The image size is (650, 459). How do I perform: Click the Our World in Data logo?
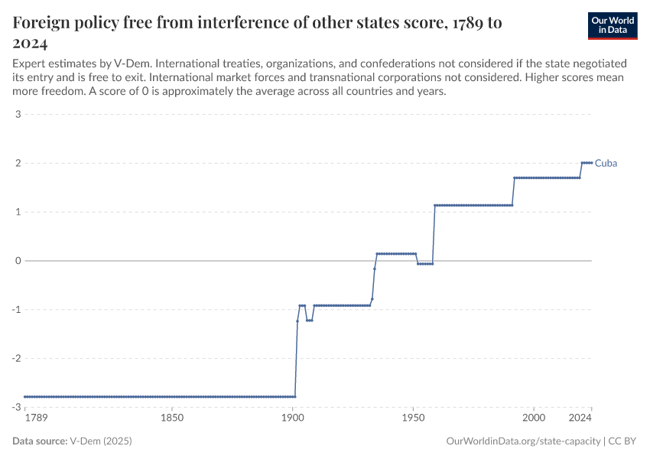point(613,25)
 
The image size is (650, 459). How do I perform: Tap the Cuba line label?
point(606,163)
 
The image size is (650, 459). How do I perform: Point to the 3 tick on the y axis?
point(18,115)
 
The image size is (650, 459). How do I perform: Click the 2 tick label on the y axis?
point(18,163)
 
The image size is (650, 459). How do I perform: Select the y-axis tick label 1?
point(18,212)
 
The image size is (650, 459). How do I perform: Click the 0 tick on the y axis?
point(18,261)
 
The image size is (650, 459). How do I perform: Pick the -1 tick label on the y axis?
point(16,309)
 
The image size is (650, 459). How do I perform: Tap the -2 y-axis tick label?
point(16,358)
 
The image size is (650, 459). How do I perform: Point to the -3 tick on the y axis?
point(16,407)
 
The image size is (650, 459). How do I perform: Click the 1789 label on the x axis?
point(35,418)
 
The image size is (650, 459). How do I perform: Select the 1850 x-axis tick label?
point(172,418)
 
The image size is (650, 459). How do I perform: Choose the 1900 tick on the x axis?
point(293,418)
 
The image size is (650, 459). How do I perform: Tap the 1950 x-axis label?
point(413,418)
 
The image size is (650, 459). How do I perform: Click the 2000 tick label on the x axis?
point(534,418)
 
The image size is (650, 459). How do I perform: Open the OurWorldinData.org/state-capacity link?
point(522,441)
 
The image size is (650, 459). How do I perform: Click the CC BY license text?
point(622,441)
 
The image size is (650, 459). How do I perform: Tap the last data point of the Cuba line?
point(592,163)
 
